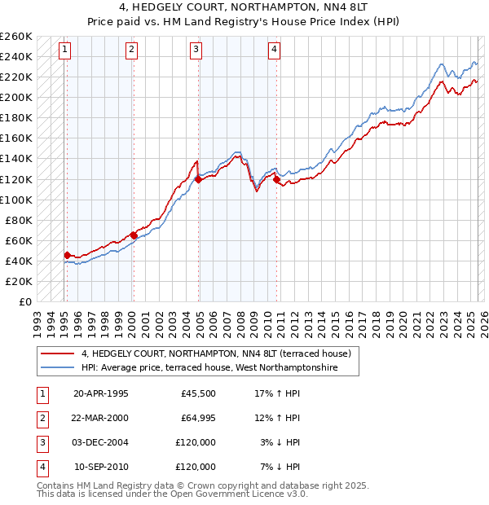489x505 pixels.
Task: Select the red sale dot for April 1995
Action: click(x=67, y=255)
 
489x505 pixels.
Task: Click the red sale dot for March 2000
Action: click(x=134, y=235)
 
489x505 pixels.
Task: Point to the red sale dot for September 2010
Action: click(x=277, y=179)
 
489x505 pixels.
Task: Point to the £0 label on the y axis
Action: click(x=24, y=301)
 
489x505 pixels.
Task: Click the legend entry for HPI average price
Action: click(x=220, y=368)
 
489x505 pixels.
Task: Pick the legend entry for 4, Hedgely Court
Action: click(x=215, y=353)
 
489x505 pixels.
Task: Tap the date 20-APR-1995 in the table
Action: click(x=101, y=393)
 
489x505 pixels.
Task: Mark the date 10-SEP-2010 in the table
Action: click(x=101, y=467)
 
